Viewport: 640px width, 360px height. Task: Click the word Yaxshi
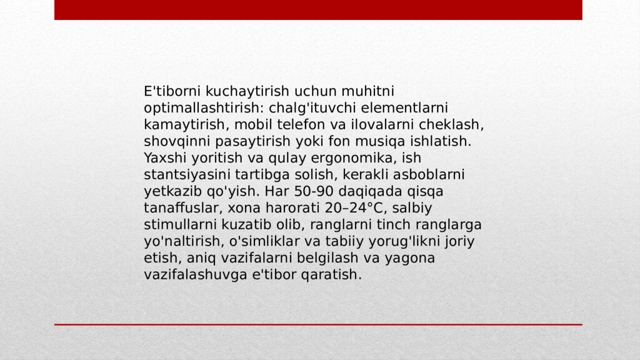[163, 157]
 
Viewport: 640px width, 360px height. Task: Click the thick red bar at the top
[318, 9]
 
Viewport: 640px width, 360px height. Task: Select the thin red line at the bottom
[318, 324]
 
